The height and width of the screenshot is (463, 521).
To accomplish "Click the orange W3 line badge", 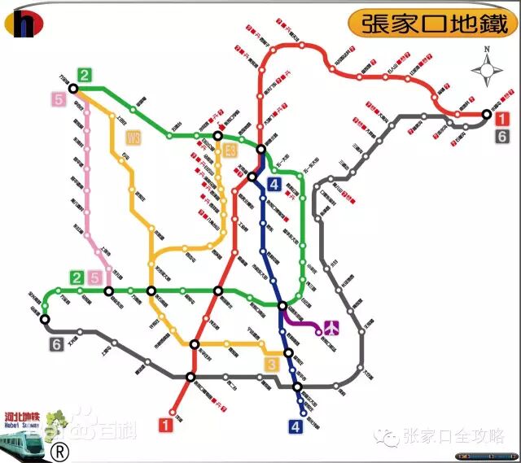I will tap(134, 138).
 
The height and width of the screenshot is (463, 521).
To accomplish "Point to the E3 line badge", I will tap(230, 150).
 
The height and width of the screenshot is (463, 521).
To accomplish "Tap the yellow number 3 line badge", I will tap(272, 364).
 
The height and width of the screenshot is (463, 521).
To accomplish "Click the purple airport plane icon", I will tap(331, 328).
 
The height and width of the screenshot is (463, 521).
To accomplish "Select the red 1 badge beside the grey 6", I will tap(502, 119).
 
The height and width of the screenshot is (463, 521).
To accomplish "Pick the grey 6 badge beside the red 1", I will tap(502, 136).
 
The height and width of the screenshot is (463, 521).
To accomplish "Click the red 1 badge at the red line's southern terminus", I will tap(166, 423).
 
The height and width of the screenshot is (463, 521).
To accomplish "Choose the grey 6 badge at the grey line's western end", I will tap(56, 344).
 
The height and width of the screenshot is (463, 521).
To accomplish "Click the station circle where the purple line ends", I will tap(318, 332).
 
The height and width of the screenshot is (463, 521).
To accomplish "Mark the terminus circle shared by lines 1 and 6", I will tap(487, 115).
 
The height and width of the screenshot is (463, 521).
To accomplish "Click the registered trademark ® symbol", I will tap(59, 449).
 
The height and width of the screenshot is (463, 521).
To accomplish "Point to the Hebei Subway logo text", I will tap(23, 415).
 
